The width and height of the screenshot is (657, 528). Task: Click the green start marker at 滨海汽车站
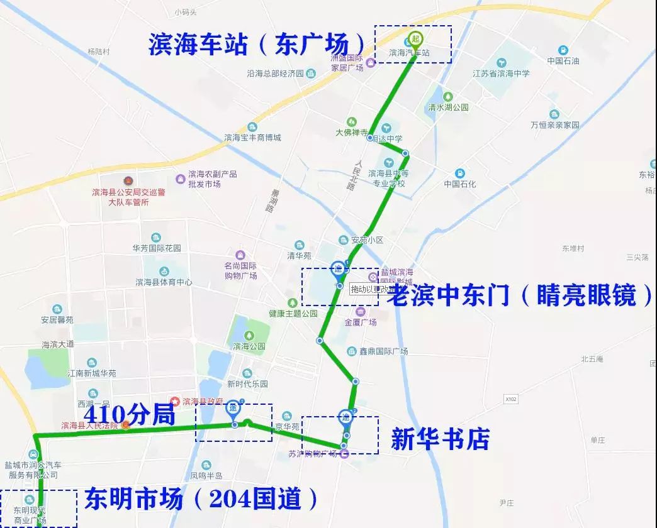click(415, 38)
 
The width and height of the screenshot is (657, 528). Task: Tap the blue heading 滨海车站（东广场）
click(257, 44)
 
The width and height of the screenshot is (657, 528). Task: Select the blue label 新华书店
click(440, 439)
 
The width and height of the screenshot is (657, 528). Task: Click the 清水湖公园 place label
click(448, 107)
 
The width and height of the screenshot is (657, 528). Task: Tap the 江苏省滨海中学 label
click(501, 73)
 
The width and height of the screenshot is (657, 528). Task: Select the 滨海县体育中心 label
click(164, 282)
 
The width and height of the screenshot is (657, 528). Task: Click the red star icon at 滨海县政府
click(176, 400)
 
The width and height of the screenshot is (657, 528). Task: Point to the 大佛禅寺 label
click(351, 133)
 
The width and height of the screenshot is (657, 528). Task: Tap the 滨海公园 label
click(249, 346)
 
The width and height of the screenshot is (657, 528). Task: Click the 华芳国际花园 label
click(156, 248)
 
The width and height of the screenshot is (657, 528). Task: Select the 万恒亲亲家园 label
click(554, 125)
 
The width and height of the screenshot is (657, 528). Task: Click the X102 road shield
click(510, 399)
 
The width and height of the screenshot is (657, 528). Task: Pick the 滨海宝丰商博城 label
click(252, 138)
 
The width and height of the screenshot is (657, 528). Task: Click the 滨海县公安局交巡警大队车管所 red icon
click(128, 181)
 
